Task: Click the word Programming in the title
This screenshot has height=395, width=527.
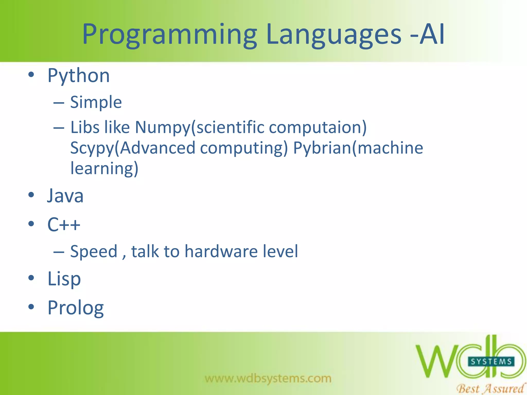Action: (x=169, y=35)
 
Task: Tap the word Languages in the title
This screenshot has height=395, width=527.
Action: (x=333, y=35)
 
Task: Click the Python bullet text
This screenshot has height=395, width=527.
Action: (x=79, y=76)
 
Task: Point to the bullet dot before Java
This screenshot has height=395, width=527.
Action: (x=31, y=195)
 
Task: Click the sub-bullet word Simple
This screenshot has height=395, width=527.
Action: (x=96, y=102)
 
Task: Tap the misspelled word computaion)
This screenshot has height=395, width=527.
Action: (x=318, y=128)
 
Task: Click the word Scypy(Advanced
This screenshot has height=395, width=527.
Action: (x=133, y=148)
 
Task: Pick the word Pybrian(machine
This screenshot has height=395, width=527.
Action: (x=358, y=148)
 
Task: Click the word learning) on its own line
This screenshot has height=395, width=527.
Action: (x=104, y=168)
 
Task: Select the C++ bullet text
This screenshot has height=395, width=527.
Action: (x=64, y=225)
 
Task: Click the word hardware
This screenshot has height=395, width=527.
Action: (x=221, y=251)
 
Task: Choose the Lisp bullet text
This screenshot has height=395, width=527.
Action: (x=64, y=279)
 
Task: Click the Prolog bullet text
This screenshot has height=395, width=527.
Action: (x=76, y=308)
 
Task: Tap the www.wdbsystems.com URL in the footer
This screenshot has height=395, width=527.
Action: (x=268, y=378)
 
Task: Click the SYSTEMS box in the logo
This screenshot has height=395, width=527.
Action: (x=491, y=362)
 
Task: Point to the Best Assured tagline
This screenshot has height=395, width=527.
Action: (x=490, y=388)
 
